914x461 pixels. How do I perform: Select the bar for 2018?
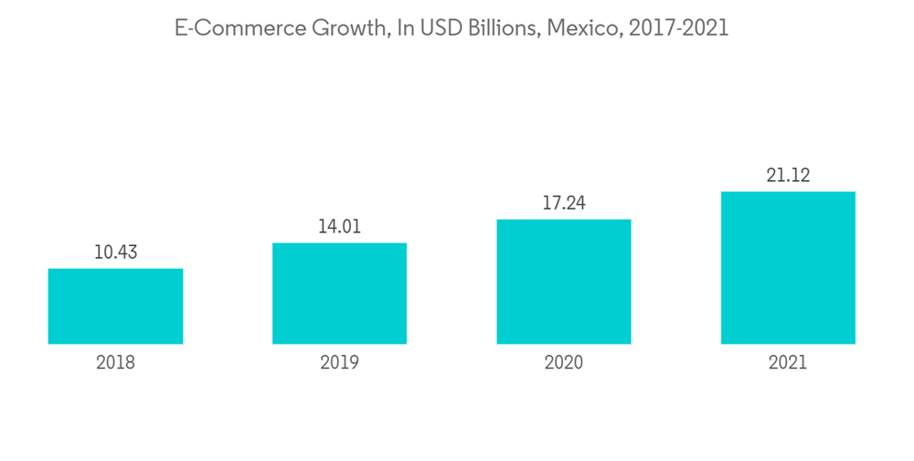(115, 306)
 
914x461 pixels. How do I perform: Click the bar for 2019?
(339, 294)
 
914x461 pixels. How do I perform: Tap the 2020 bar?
(564, 282)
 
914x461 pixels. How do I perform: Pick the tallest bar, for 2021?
(788, 268)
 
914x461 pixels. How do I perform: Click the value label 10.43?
(115, 252)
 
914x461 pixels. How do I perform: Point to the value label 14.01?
(339, 227)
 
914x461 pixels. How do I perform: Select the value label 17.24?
(564, 203)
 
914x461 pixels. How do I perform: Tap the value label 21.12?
(788, 176)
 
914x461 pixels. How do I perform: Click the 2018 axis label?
(115, 363)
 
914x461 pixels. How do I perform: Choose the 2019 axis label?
(339, 363)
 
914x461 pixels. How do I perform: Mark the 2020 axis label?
(564, 363)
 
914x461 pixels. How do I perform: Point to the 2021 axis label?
(788, 363)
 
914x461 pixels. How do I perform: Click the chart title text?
(452, 28)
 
